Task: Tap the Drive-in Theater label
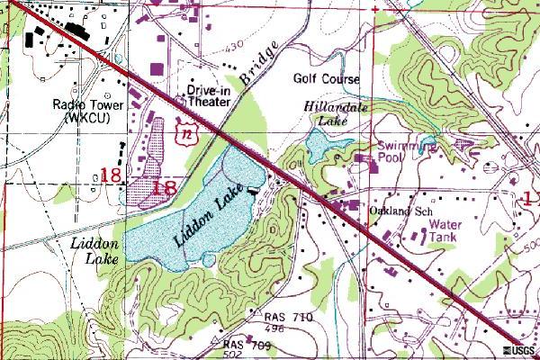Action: [210, 96]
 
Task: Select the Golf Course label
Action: [327, 79]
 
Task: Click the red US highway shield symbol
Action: [184, 132]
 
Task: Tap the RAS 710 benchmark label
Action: [288, 319]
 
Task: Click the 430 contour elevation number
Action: [211, 46]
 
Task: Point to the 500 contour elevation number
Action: [507, 252]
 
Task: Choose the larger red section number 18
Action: [166, 188]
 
